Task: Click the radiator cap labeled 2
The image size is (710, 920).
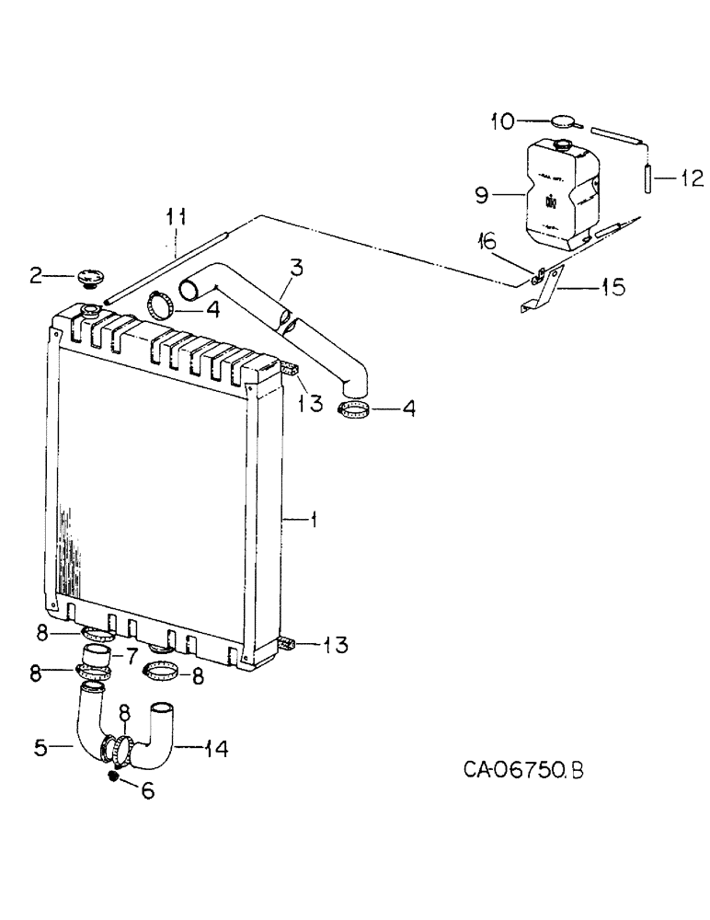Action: tap(93, 275)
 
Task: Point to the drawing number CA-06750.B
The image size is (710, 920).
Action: tap(521, 768)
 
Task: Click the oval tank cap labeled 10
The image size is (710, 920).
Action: tap(563, 120)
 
